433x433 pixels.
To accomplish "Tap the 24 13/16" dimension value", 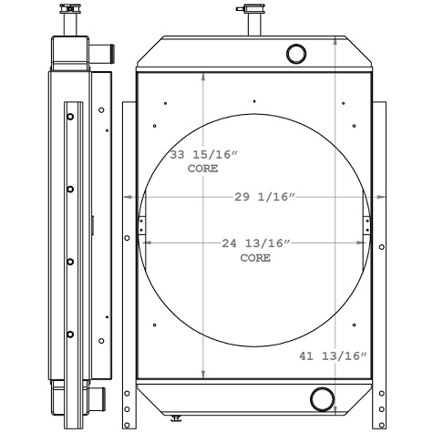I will click(x=255, y=243).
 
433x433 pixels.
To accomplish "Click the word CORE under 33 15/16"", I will click(x=202, y=170).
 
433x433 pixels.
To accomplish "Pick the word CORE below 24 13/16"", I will click(x=255, y=258).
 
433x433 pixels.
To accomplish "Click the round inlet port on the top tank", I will click(x=297, y=53).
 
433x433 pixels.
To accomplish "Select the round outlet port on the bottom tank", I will click(x=321, y=398).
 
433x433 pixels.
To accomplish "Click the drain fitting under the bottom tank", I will click(x=176, y=418).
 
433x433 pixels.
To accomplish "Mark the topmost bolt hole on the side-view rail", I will click(x=70, y=116).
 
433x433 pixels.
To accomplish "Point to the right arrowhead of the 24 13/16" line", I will click(x=366, y=243).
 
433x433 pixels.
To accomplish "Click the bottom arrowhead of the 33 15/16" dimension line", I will click(x=202, y=375).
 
